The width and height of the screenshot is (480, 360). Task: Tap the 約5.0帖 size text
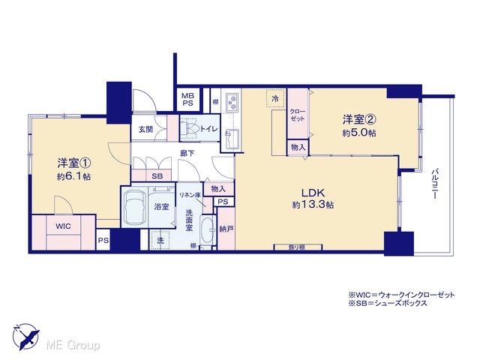pos(359,133)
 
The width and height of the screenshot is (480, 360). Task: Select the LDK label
pos(313,193)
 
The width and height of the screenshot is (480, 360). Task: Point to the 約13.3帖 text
pos(313,205)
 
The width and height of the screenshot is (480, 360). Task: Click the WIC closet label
pos(63,226)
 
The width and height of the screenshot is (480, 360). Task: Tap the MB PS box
pos(188,100)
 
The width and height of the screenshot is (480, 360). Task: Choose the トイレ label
pos(208,128)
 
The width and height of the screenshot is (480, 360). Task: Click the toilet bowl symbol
pos(190,128)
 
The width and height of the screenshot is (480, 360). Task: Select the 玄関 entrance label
pos(145,130)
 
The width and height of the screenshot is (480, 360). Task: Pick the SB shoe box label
pos(157,176)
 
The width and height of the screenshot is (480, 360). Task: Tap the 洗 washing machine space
pos(160,240)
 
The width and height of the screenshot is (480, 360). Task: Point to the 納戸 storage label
pos(226,229)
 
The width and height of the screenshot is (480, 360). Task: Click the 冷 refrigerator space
pos(276,98)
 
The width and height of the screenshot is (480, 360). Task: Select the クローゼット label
pos(298,115)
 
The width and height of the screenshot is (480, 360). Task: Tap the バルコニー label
pos(434,184)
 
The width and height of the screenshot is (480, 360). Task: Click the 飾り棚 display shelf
pos(298,247)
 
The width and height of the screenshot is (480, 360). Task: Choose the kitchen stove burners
pos(232,103)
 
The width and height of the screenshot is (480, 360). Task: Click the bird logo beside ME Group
pos(26,336)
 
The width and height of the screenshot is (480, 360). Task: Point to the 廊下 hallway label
pos(187,153)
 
